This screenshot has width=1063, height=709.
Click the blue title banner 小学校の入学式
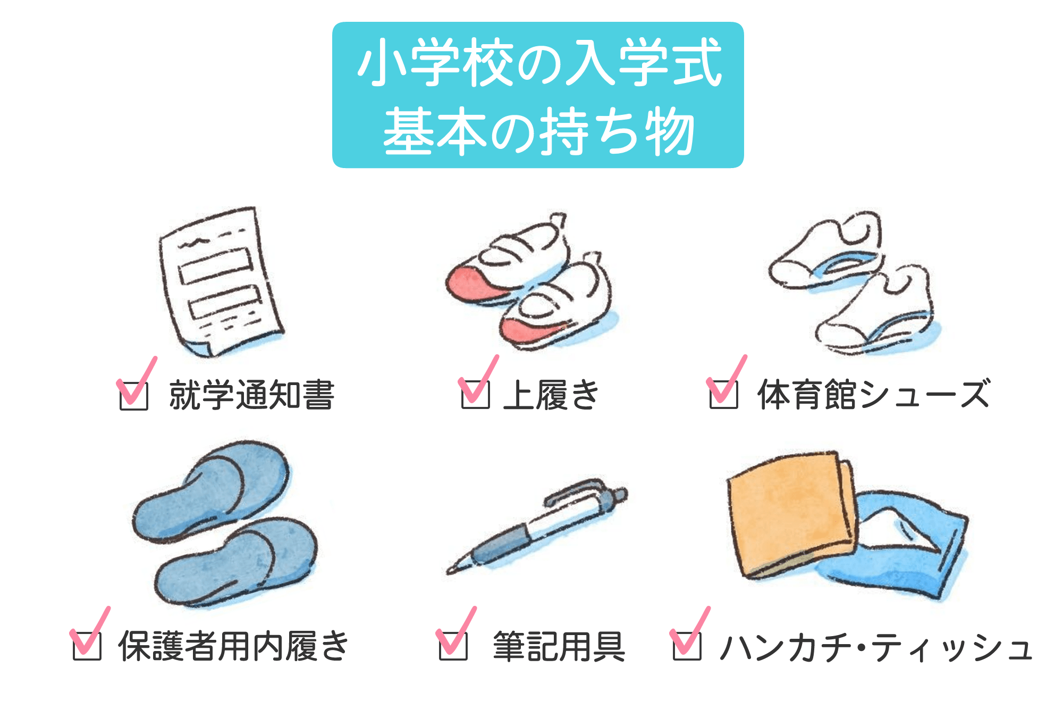coord(537,95)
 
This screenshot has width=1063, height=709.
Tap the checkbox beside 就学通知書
coord(134,396)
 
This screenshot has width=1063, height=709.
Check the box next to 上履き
coord(475,394)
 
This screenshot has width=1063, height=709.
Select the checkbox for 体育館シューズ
coord(723,394)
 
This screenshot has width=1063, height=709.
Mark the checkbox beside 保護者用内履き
coord(87,646)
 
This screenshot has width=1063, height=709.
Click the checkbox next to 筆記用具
coord(453,646)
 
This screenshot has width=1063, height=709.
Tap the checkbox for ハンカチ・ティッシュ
coord(687,646)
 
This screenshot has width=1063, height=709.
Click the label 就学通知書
coord(251,395)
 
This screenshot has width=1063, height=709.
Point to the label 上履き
coord(551,395)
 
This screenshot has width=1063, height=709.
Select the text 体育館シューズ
coord(873,394)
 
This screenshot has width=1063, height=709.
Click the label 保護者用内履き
coord(233,646)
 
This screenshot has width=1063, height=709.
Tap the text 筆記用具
coord(559,646)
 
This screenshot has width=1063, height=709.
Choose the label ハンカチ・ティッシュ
coord(876,647)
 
